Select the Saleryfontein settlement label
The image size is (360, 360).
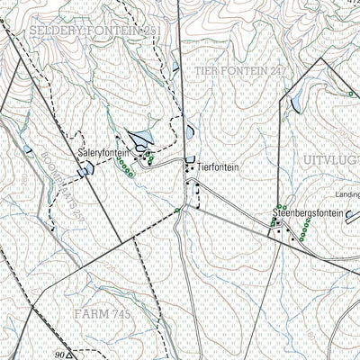point(104,154)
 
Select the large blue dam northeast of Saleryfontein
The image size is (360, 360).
point(141,139)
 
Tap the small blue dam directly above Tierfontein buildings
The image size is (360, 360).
point(189,132)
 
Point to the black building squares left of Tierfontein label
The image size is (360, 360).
point(189,166)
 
